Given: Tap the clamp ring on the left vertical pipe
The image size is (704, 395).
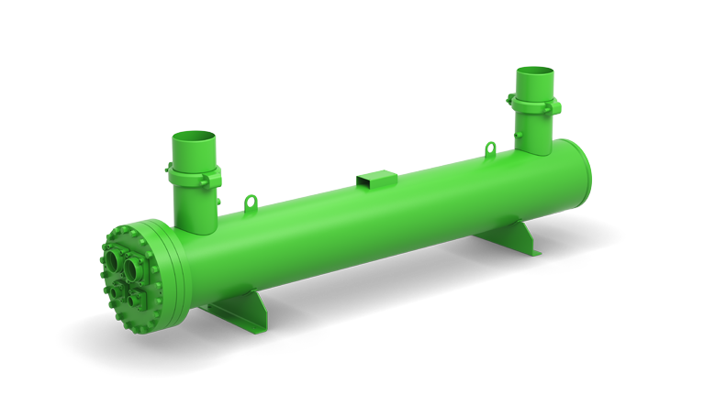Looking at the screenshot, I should pos(196,174).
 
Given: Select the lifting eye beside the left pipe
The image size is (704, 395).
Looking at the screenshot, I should pos(247,200).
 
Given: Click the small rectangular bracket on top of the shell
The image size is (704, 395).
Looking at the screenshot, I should pos(373,181).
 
